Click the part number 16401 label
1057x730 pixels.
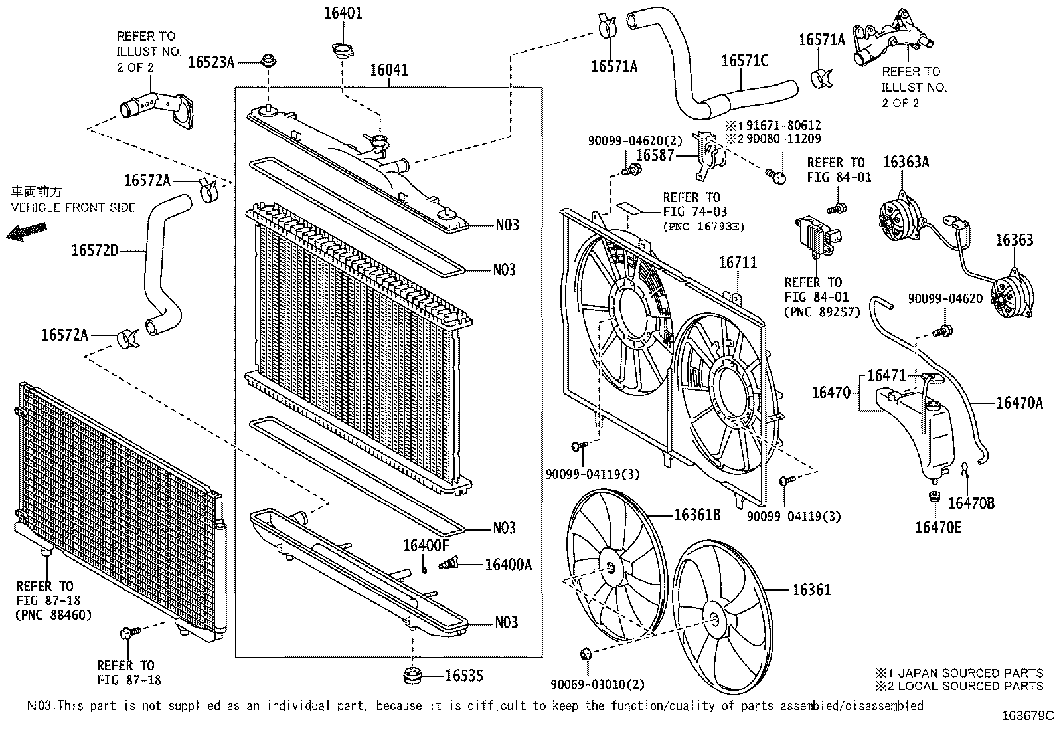(343, 13)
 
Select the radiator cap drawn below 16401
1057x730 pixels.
(342, 50)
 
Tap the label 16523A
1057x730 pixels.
(211, 62)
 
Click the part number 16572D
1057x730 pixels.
(94, 250)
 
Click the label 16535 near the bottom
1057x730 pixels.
(463, 676)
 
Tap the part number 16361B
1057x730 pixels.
(697, 515)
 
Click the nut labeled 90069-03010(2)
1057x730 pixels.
(586, 654)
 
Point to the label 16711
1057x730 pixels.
(737, 264)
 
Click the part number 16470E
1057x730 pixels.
(937, 527)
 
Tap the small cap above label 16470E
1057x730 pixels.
(934, 497)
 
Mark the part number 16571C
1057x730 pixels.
(744, 61)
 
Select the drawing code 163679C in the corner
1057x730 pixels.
(1028, 716)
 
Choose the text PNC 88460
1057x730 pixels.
(53, 615)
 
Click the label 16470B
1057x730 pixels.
(971, 503)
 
